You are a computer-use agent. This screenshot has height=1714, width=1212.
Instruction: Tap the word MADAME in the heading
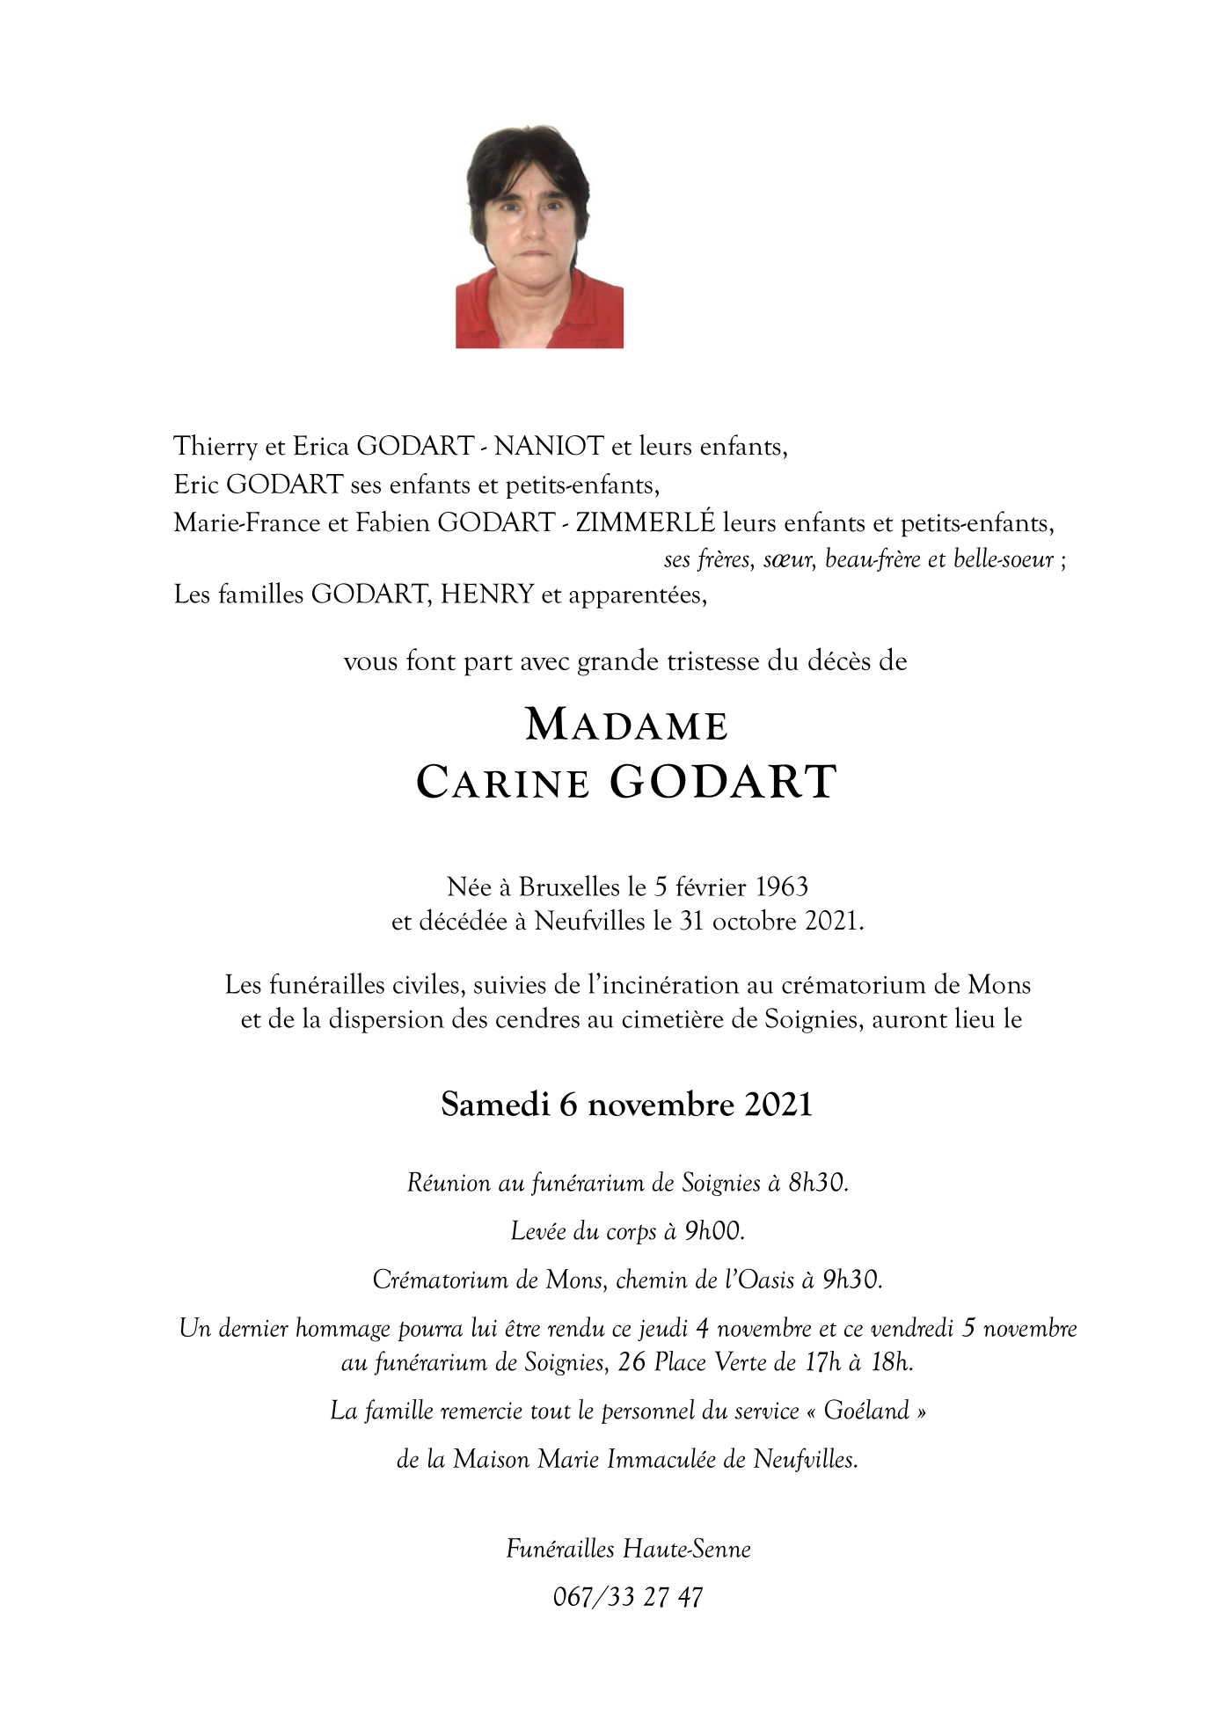point(626,726)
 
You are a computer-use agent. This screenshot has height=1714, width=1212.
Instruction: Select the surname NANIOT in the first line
point(549,447)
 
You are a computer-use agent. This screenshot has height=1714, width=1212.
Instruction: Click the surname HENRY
point(487,594)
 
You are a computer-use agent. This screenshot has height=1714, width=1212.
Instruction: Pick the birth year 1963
point(782,886)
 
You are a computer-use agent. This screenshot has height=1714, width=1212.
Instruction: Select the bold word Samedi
point(495,1105)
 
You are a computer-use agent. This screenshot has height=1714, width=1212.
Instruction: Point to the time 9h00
point(714,1232)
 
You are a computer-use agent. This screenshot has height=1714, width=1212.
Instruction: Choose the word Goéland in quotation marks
point(866,1411)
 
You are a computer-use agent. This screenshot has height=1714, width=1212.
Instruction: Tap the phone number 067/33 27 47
point(628,1597)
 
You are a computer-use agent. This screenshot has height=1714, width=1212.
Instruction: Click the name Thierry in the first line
point(215,447)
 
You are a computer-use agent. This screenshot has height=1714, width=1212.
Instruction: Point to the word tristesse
point(713,661)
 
